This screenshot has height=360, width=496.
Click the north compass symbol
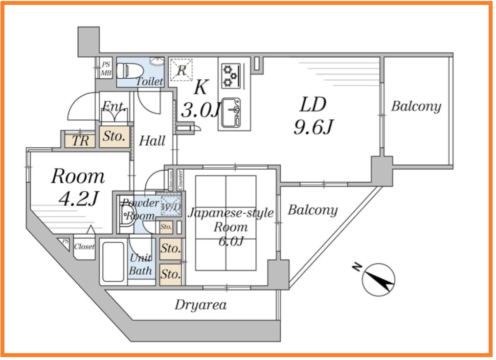[x=378, y=280]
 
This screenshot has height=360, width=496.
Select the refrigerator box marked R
[x=181, y=69]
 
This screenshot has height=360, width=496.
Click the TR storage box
[x=81, y=141]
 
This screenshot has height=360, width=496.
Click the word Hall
[x=152, y=141]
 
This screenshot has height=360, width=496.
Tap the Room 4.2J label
[x=78, y=186]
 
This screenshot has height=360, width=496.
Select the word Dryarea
[x=201, y=305]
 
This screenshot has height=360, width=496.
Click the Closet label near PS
[x=84, y=247]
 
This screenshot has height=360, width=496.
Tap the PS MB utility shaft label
[x=106, y=68]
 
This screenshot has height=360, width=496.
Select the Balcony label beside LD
[x=416, y=106]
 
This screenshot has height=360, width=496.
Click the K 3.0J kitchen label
[x=200, y=99]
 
